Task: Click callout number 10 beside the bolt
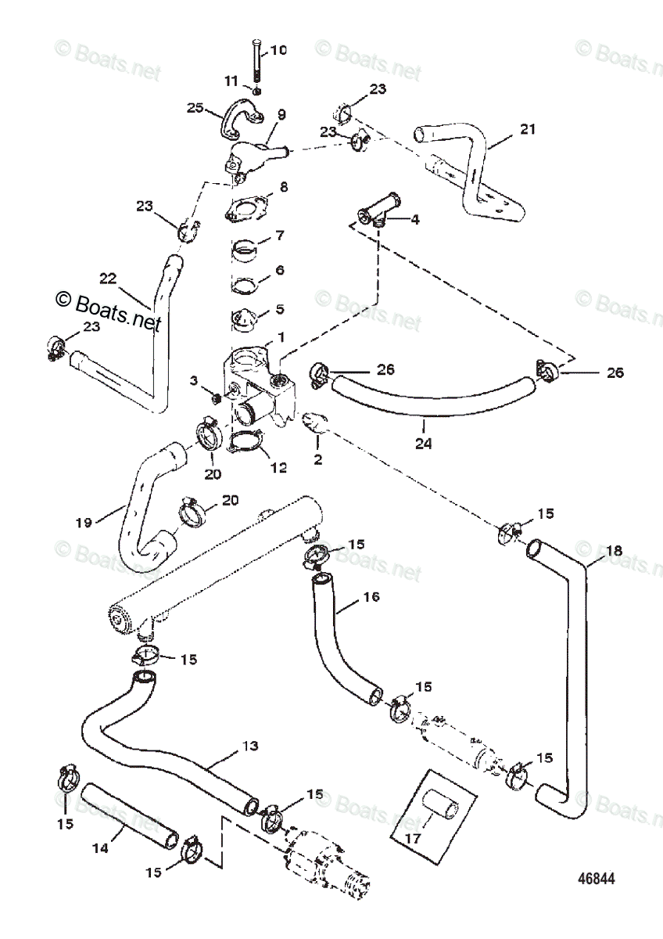[278, 51]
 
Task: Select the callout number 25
[195, 107]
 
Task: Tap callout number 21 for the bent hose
[528, 129]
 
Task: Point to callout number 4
[414, 220]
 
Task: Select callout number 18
[614, 551]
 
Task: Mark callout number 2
[317, 459]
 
